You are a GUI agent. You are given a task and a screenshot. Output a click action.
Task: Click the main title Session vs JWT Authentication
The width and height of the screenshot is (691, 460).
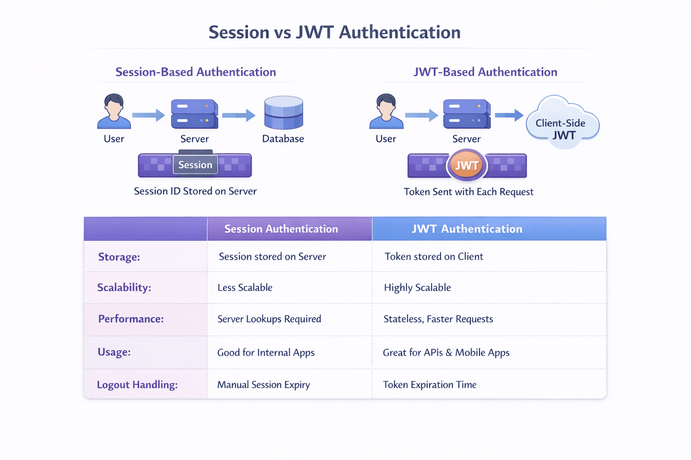(x=334, y=32)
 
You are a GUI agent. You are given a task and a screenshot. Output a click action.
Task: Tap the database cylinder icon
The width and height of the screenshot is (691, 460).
(x=283, y=113)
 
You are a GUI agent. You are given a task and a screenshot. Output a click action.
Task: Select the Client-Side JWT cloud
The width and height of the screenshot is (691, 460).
(x=562, y=124)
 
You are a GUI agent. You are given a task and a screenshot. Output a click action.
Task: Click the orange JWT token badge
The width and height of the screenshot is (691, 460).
(x=467, y=166)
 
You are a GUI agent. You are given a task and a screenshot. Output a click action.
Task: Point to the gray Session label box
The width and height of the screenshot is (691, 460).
(x=195, y=165)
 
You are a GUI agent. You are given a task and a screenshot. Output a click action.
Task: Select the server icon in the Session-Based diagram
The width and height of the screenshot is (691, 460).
(x=194, y=114)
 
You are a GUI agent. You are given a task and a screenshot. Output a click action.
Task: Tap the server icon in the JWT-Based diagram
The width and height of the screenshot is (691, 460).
(x=467, y=114)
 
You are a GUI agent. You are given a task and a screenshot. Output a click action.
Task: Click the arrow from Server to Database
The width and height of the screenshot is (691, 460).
(x=238, y=115)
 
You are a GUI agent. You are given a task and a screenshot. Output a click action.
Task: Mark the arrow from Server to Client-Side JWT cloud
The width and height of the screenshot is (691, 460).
(x=509, y=115)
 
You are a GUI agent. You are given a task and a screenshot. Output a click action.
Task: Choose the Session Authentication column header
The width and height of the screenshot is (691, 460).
(x=281, y=229)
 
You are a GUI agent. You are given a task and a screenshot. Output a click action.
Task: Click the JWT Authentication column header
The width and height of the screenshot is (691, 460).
(x=467, y=229)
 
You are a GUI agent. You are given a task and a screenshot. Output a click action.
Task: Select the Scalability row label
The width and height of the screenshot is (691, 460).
(x=124, y=287)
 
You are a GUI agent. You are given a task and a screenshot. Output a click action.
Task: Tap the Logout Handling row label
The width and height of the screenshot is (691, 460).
(x=137, y=385)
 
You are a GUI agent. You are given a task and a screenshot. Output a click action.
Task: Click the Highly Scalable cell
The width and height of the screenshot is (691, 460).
(x=417, y=288)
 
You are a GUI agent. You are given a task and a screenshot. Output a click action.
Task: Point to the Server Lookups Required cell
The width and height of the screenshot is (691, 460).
(x=269, y=319)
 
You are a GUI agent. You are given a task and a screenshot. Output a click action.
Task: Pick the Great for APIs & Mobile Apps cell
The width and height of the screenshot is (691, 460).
(x=446, y=353)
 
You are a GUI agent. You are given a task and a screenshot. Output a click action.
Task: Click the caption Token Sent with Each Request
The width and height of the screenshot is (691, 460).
(x=468, y=192)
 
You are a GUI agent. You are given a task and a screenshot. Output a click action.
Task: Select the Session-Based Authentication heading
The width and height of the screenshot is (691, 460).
(x=196, y=72)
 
